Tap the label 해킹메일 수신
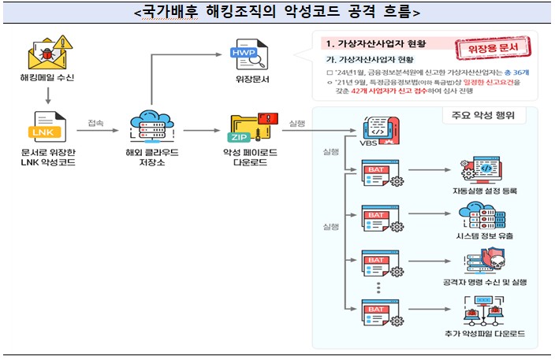(47, 80)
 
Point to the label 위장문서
(246, 80)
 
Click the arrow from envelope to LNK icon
(47, 95)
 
